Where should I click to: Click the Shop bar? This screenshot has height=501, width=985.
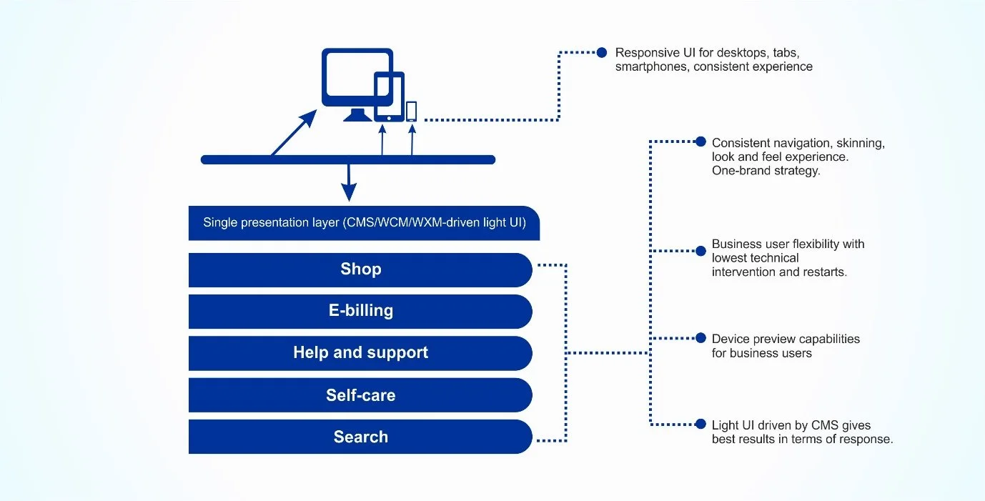(360, 269)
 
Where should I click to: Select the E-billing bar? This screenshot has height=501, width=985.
(360, 311)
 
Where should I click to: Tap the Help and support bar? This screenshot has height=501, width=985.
(360, 353)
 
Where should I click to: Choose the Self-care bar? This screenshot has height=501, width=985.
(360, 395)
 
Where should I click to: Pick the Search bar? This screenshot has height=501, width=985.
(360, 437)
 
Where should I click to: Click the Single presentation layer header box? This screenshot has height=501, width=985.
(364, 223)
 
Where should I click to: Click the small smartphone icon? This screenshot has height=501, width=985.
(412, 111)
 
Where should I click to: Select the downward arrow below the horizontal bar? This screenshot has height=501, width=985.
(348, 184)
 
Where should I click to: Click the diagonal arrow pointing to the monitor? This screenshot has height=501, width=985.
(293, 133)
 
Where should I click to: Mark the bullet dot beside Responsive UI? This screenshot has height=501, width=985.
(602, 52)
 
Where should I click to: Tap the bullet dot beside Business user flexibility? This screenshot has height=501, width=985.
(701, 251)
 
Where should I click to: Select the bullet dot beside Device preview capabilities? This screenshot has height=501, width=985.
(699, 338)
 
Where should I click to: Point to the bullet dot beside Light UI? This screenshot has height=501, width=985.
(699, 425)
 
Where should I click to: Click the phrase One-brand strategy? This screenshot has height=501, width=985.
(766, 171)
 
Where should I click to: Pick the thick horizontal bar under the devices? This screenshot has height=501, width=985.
(348, 159)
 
